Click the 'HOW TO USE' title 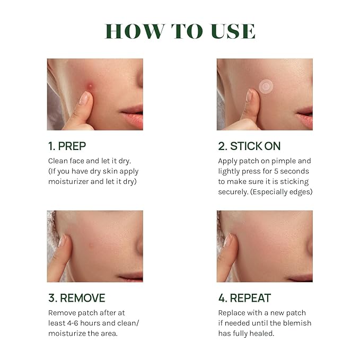coord(180,31)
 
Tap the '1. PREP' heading coord(67,146)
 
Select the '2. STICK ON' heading coord(249,146)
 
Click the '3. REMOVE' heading coord(76,298)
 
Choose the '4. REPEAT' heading coord(244,298)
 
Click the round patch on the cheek coord(266,85)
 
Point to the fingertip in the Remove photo coord(63,242)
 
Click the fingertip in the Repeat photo coord(228,241)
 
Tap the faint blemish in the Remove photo coord(92,246)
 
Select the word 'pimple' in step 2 coord(285,161)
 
